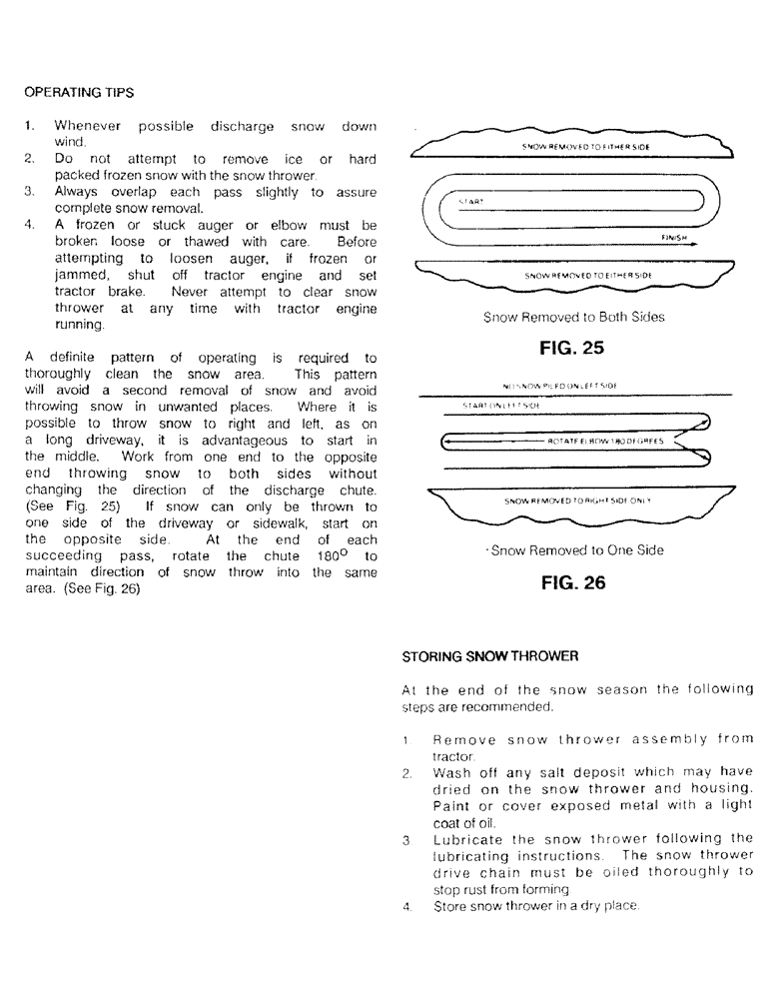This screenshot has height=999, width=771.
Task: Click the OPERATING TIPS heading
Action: coord(79,92)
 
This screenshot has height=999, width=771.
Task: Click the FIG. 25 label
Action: coord(573,349)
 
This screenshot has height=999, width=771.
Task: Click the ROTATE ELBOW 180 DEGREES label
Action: coord(599,439)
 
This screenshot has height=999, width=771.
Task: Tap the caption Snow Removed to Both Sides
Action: coord(573,317)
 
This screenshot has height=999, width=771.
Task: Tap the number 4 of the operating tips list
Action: coord(30,225)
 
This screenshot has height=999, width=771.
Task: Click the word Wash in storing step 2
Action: coord(451,773)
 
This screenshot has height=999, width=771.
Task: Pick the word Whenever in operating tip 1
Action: coord(88,127)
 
